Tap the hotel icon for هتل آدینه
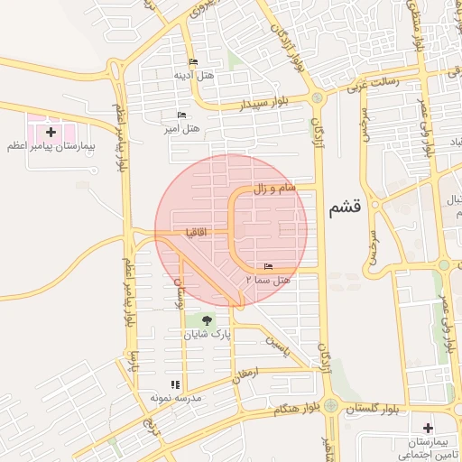tap(193, 62)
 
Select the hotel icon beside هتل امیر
tap(181, 115)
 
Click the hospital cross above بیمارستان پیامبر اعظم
tap(51, 132)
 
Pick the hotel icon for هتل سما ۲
tap(267, 267)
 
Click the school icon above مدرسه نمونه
tap(174, 383)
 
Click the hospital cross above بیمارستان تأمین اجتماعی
tap(427, 427)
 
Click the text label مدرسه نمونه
tap(174, 397)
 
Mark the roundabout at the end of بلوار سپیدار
tap(316, 97)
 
